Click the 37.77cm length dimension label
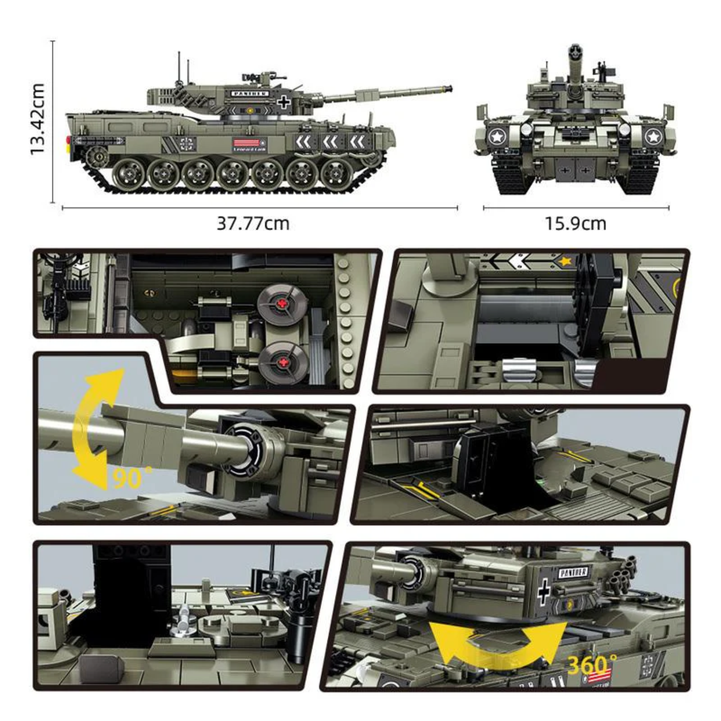(x=253, y=224)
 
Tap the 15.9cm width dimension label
(x=575, y=224)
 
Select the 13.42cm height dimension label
(x=37, y=119)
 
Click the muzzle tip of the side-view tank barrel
(x=449, y=88)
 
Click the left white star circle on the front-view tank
(x=496, y=137)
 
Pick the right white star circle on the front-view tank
(x=653, y=137)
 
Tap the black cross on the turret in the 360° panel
(x=544, y=592)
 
